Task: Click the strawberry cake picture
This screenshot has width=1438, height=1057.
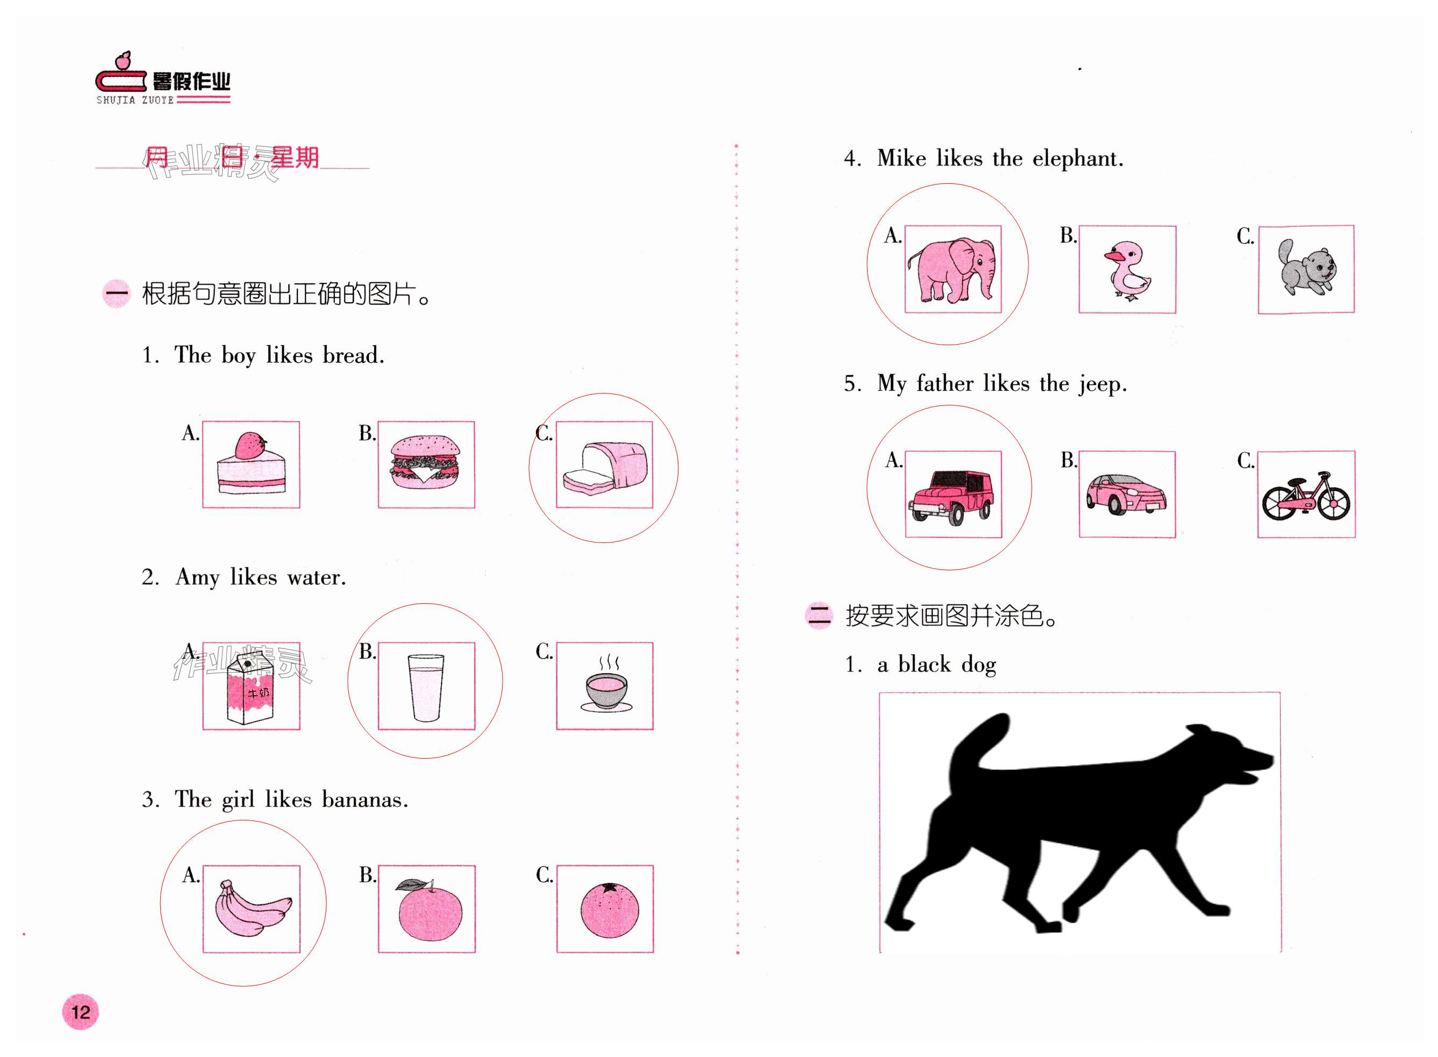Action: [251, 463]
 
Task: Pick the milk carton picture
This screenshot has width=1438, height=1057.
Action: [250, 688]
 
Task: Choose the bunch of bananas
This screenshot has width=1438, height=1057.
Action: [252, 908]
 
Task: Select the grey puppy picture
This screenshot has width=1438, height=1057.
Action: [1306, 267]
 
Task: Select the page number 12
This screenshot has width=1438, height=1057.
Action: [81, 1012]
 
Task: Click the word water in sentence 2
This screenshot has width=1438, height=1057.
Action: [317, 577]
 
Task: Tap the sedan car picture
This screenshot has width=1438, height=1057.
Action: [1126, 494]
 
